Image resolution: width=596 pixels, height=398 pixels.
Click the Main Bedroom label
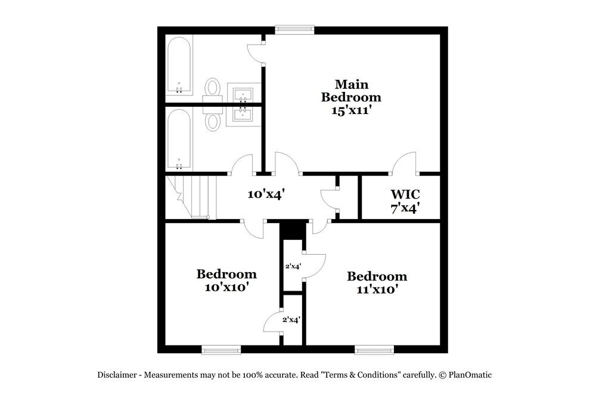click(x=351, y=90)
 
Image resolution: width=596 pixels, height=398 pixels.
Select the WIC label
click(x=406, y=194)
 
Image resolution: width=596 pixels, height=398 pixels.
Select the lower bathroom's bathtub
click(x=179, y=138)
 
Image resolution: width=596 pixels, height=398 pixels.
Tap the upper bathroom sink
click(x=243, y=94)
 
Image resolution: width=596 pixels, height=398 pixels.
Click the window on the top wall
click(x=294, y=29)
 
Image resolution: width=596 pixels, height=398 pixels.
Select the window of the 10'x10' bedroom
click(x=221, y=350)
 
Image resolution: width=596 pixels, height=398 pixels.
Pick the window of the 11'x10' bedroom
click(x=374, y=350)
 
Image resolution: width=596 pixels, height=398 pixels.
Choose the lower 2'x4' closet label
click(x=291, y=320)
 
